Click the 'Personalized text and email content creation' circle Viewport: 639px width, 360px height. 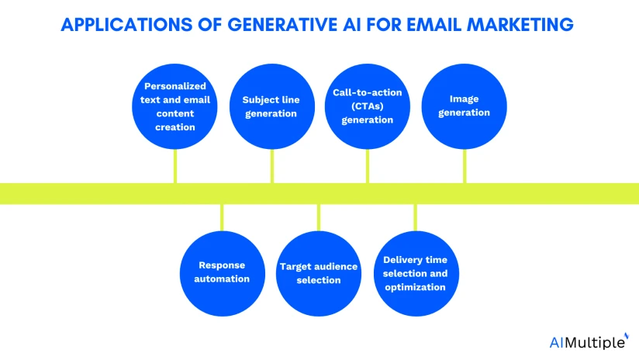tap(174, 107)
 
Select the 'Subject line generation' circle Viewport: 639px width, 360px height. tap(271, 107)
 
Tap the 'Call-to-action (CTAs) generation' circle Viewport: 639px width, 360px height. tap(368, 107)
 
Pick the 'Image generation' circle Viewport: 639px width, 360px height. tap(464, 107)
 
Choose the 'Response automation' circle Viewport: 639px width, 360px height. tap(222, 273)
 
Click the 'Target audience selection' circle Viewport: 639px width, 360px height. tap(319, 273)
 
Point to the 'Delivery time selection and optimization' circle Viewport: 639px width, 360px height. tap(415, 273)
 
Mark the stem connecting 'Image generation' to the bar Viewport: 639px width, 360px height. tap(465, 166)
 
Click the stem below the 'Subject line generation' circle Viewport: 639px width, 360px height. tap(271, 166)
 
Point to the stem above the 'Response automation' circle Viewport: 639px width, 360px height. tap(222, 217)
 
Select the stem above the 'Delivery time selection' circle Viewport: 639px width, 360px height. tap(415, 217)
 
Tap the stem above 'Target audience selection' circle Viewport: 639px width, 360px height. tap(319, 217)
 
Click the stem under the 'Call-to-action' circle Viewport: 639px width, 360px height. tap(368, 166)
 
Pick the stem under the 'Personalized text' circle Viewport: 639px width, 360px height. tap(174, 166)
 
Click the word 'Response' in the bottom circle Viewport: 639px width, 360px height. tap(222, 265)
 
